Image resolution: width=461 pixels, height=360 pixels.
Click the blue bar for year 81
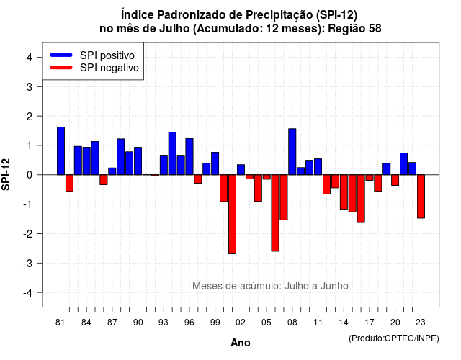coord(61,150)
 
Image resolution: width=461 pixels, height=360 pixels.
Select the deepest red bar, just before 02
coord(232,215)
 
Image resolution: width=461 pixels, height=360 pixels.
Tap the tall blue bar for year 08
coord(292,152)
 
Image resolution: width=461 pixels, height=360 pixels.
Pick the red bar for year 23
coord(421,197)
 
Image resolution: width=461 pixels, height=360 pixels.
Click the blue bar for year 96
coord(189,157)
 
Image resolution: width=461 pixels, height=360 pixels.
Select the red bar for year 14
coord(344,192)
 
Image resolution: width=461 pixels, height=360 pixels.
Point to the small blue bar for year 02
coord(241,170)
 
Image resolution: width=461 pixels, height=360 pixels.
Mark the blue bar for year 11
coord(318,166)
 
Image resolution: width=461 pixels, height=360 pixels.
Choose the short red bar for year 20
coord(395,180)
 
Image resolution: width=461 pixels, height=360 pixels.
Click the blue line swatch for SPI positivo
coord(61,55)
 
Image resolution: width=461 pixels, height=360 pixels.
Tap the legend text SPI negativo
coord(109,68)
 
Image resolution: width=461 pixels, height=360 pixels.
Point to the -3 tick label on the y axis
coord(28,263)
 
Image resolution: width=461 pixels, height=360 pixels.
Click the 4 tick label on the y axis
coord(30,58)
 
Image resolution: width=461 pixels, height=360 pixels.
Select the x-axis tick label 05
coord(267,323)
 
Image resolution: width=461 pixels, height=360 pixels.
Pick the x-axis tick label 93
coord(164,323)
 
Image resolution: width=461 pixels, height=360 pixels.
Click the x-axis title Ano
coord(241,343)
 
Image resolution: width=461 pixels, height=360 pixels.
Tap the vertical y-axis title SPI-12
coord(6,174)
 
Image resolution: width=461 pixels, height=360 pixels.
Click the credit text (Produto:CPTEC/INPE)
coord(394,338)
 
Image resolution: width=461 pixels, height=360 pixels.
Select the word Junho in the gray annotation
coord(334,286)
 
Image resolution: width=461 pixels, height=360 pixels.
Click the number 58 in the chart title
coord(375,29)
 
